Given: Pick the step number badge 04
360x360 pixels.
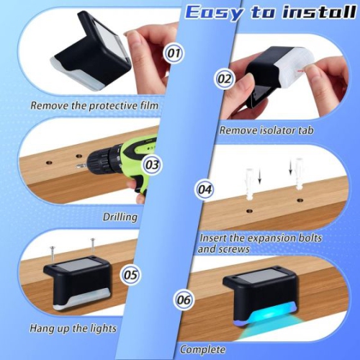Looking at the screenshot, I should pyautogui.click(x=205, y=189).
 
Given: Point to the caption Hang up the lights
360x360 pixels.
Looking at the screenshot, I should pyautogui.click(x=73, y=328).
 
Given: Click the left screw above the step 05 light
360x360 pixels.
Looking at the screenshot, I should pyautogui.click(x=53, y=252).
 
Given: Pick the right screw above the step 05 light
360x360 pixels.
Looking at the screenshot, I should pyautogui.click(x=91, y=247).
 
